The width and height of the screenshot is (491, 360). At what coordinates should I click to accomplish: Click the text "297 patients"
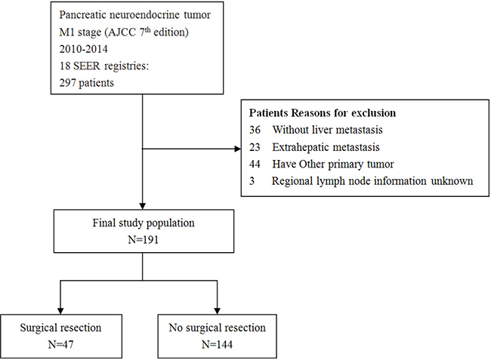(x=86, y=83)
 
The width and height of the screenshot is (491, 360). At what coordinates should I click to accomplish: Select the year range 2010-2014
(x=83, y=49)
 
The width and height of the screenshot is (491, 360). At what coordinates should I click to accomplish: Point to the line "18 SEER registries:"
(x=103, y=66)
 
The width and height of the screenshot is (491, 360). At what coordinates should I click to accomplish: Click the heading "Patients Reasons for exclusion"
(x=323, y=113)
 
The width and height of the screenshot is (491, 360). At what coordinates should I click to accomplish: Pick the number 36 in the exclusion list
(x=255, y=130)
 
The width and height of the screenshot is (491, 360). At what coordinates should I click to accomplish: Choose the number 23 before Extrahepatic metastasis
(x=255, y=147)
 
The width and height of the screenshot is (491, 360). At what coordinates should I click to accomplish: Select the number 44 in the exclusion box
(x=255, y=165)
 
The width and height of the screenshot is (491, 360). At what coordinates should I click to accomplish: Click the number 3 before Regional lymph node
(x=252, y=181)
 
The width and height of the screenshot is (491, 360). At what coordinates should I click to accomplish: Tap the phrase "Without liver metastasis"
(x=327, y=130)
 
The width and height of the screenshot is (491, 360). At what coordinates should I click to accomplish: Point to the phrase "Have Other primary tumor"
(x=333, y=165)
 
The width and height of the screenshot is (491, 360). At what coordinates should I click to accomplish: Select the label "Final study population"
(x=144, y=223)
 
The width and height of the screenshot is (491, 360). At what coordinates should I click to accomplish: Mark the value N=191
(x=144, y=240)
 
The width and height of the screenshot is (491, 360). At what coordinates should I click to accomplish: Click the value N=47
(x=60, y=344)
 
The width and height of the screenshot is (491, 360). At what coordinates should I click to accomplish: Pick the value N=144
(x=217, y=344)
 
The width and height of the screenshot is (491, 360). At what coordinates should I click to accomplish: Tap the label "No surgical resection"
(x=217, y=328)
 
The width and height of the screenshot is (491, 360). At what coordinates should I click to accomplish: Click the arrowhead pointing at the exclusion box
(x=238, y=149)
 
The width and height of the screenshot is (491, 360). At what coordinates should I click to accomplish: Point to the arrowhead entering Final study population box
(x=143, y=207)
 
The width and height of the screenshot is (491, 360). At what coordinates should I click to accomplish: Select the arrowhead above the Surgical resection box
(x=60, y=311)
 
